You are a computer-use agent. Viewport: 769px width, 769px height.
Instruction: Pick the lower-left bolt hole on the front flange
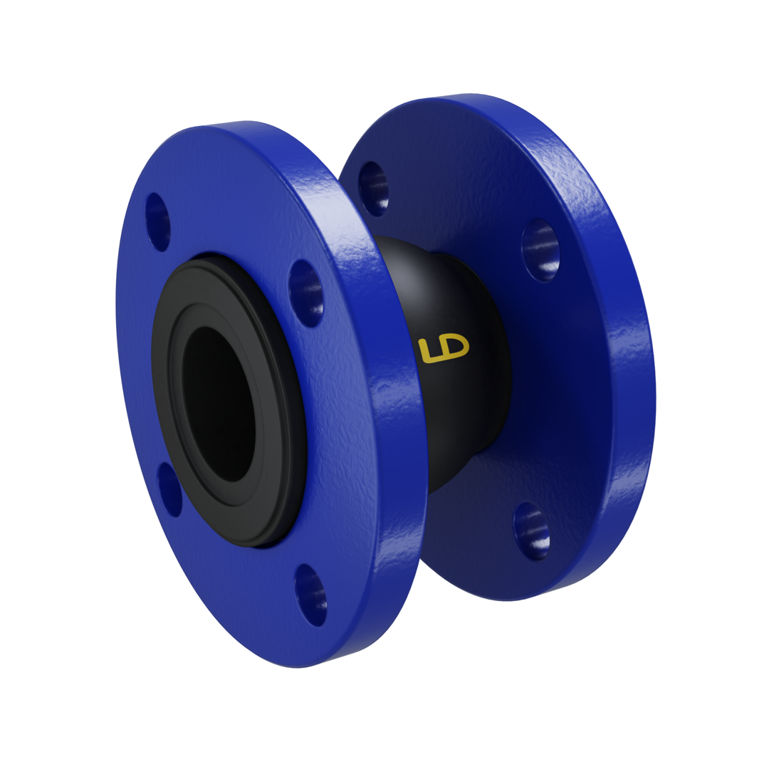(x=169, y=489)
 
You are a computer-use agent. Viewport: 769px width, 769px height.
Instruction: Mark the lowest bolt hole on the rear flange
(x=530, y=530)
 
